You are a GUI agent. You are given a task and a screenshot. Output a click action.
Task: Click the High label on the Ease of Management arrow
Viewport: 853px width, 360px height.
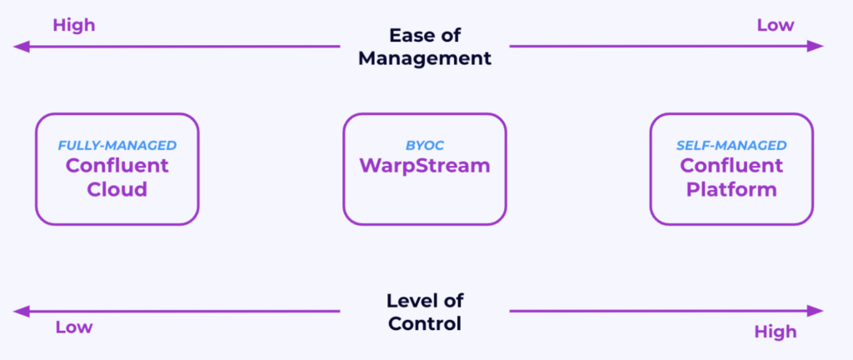coord(74,25)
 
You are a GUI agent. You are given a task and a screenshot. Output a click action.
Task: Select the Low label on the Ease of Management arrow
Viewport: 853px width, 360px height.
coord(775,25)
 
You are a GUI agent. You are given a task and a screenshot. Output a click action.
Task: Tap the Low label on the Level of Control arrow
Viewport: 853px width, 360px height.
coord(73,327)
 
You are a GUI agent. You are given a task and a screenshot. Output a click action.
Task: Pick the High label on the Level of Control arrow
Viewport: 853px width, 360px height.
coord(775,332)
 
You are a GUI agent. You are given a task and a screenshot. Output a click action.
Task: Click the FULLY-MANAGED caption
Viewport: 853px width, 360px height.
coord(117,146)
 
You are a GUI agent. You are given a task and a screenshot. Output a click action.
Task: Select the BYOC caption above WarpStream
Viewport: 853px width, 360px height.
coord(425,146)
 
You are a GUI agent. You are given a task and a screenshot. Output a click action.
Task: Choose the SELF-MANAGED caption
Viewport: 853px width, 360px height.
coord(731,146)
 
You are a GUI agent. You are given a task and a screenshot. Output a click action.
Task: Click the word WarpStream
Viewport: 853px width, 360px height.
coord(425,165)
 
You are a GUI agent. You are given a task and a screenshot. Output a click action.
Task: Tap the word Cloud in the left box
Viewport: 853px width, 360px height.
coord(117,189)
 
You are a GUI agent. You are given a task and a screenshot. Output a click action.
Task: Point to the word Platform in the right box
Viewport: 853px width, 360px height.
coord(731,189)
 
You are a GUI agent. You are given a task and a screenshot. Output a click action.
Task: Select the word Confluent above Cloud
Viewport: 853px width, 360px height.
coord(117,165)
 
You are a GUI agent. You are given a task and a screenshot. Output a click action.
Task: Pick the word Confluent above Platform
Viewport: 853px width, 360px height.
coord(731,165)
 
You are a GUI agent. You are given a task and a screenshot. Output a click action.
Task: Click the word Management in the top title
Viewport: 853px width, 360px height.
coord(426,58)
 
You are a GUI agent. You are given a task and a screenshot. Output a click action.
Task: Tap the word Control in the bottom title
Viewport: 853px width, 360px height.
coord(425,323)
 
